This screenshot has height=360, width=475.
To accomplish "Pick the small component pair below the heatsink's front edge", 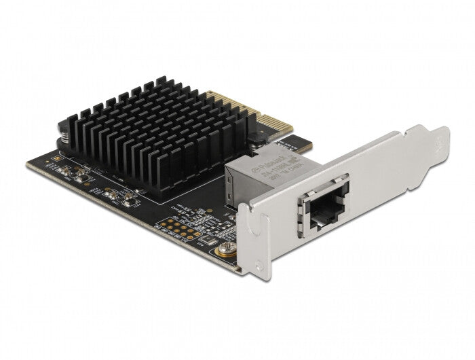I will click(126, 198).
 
